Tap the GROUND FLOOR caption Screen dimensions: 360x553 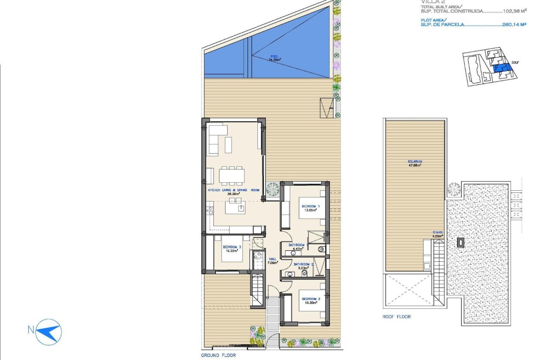pos(218,355)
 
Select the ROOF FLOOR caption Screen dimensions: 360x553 pos(397,317)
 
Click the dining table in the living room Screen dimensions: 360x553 pos(232,176)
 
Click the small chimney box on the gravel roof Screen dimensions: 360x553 pos(460,243)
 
